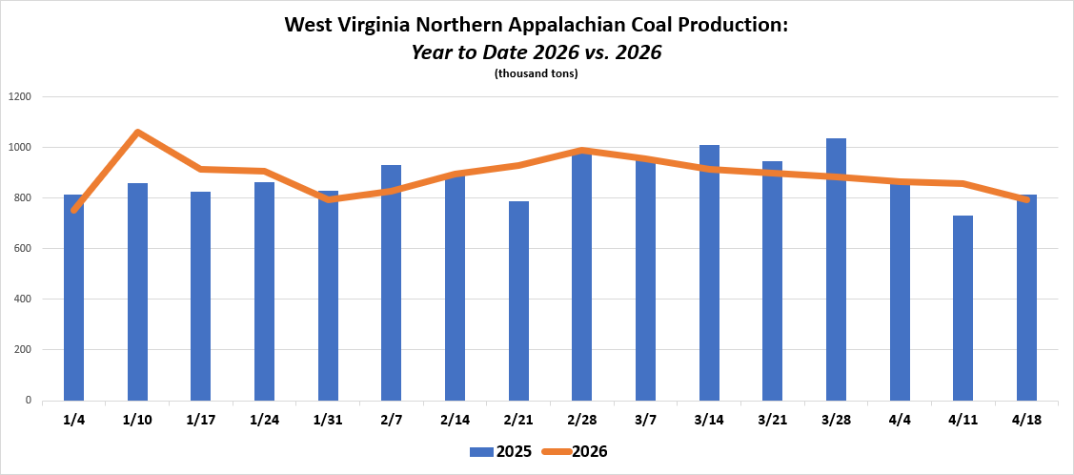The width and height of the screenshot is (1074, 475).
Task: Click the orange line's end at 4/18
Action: pyautogui.click(x=1025, y=199)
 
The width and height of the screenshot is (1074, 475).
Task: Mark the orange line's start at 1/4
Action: pyautogui.click(x=73, y=210)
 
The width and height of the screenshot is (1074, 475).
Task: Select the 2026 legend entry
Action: pyautogui.click(x=575, y=451)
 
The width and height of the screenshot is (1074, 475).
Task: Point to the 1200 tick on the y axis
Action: pyautogui.click(x=20, y=96)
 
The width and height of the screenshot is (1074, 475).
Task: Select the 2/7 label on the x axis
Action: pyautogui.click(x=391, y=419)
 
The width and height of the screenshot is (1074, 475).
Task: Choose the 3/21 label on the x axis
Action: pyautogui.click(x=772, y=419)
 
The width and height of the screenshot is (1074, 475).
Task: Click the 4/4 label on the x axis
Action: pyautogui.click(x=900, y=419)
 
